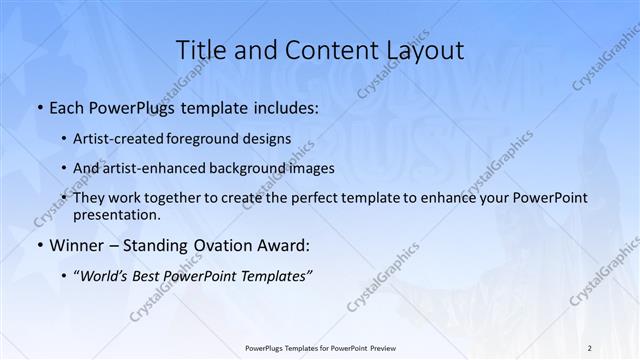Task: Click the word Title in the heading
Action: pyautogui.click(x=198, y=50)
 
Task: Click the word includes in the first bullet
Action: pyautogui.click(x=282, y=107)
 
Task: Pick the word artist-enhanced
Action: pyautogui.click(x=165, y=168)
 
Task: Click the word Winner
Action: pyautogui.click(x=75, y=245)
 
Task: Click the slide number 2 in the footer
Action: pyautogui.click(x=590, y=348)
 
